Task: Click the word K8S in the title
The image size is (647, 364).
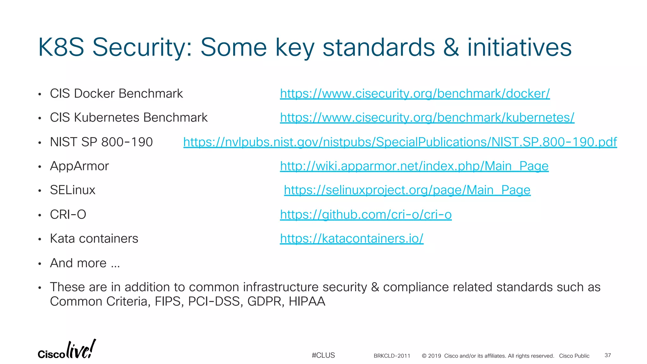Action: coord(61,47)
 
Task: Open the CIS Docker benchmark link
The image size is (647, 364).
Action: coord(414,94)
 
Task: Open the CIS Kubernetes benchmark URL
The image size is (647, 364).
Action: coord(427,118)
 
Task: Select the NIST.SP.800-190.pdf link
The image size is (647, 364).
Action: coord(400,142)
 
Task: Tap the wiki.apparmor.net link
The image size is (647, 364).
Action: coord(414,166)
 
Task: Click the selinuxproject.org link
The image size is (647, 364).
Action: coord(407,190)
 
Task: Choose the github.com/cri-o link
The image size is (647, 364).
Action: coord(366,215)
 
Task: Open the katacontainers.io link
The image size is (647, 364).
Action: coord(351,239)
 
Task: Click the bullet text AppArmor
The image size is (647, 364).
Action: coord(79,166)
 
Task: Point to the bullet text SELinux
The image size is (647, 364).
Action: coord(72,190)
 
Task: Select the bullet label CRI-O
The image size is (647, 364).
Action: coord(68,215)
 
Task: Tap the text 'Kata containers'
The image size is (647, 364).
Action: coord(94,239)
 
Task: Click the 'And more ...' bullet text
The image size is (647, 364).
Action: coord(85,263)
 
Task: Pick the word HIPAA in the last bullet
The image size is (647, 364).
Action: coord(307,301)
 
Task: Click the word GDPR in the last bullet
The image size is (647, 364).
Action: coord(265,301)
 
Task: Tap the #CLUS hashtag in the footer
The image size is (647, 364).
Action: coord(323,355)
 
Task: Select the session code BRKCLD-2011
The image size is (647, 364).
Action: coord(392,356)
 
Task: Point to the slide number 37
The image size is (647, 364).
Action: coord(608,355)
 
